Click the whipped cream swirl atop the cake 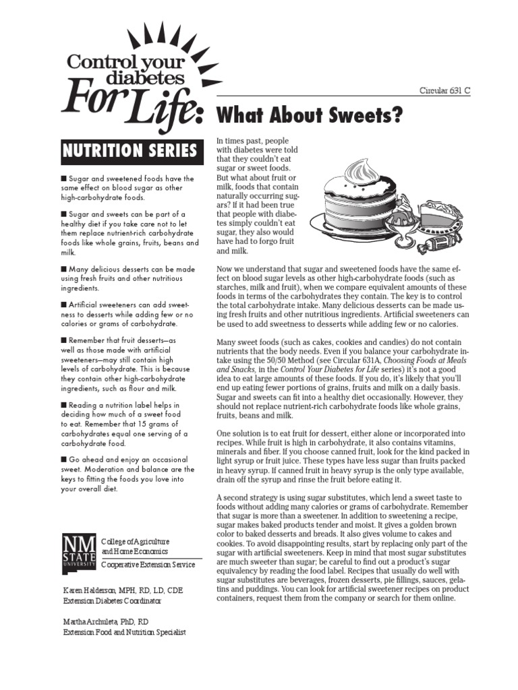click(x=357, y=167)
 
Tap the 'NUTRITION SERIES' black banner click(x=129, y=150)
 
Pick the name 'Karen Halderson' click(x=86, y=589)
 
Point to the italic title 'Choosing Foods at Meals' click(x=415, y=360)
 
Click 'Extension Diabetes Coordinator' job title click(x=113, y=600)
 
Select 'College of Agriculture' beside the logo click(x=135, y=541)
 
